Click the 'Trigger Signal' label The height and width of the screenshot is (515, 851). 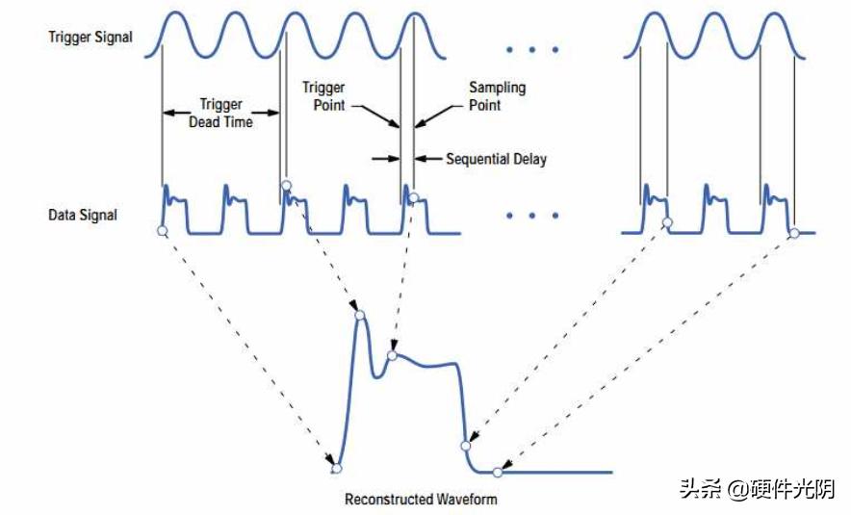click(90, 38)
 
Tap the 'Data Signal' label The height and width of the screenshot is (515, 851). click(83, 215)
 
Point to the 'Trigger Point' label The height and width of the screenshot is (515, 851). click(323, 95)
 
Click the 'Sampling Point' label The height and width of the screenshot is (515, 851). click(497, 95)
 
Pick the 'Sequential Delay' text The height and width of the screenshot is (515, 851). click(496, 159)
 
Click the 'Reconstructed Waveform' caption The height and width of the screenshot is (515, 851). click(422, 500)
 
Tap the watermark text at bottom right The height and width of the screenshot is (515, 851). click(757, 489)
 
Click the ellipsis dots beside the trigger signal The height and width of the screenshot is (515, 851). click(531, 48)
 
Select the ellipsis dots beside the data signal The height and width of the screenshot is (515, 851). click(531, 216)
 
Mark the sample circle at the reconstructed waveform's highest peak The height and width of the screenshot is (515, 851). click(359, 316)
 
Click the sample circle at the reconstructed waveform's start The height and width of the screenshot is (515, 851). click(336, 469)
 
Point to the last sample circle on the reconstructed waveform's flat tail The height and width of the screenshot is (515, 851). click(498, 472)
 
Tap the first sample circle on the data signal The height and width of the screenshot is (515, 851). click(162, 232)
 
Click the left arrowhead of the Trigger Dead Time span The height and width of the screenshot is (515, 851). click(168, 114)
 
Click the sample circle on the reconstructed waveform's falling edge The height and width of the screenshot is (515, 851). click(466, 446)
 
